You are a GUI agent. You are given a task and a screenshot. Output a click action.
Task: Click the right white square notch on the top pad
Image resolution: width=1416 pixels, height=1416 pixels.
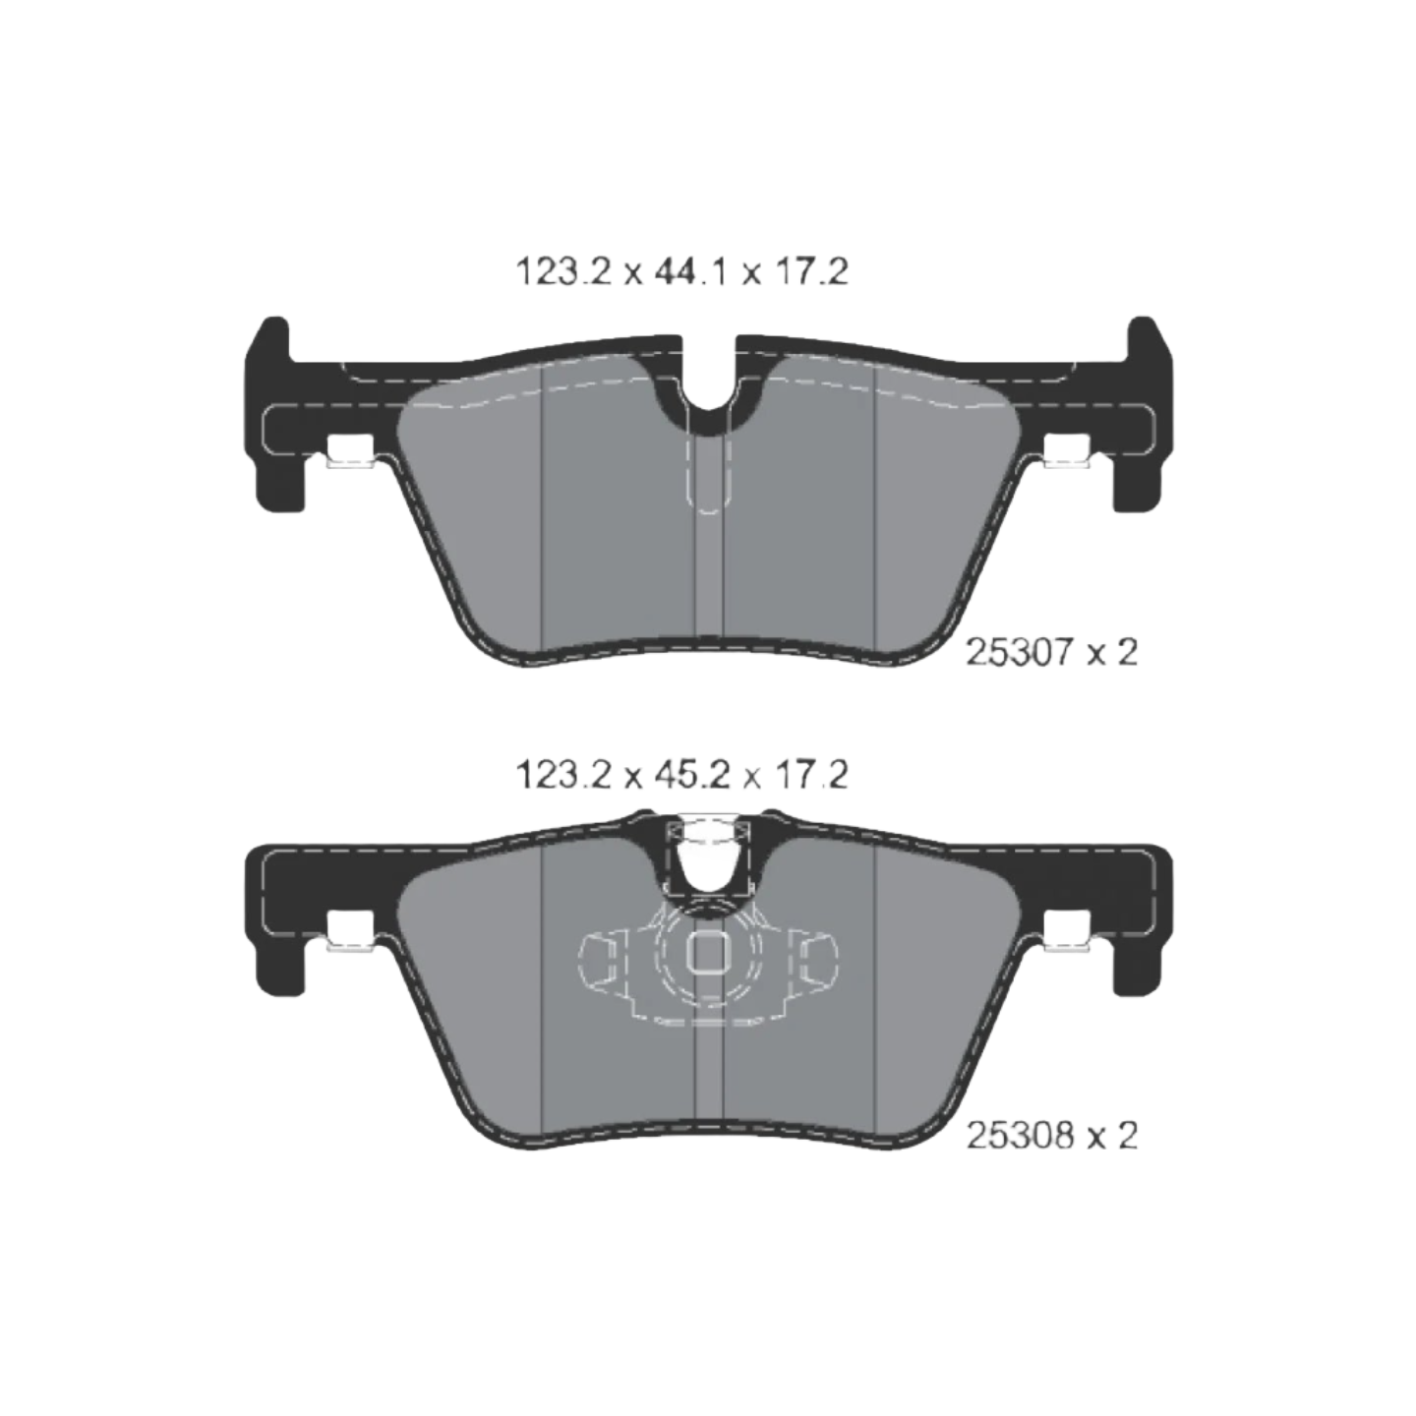1067,449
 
